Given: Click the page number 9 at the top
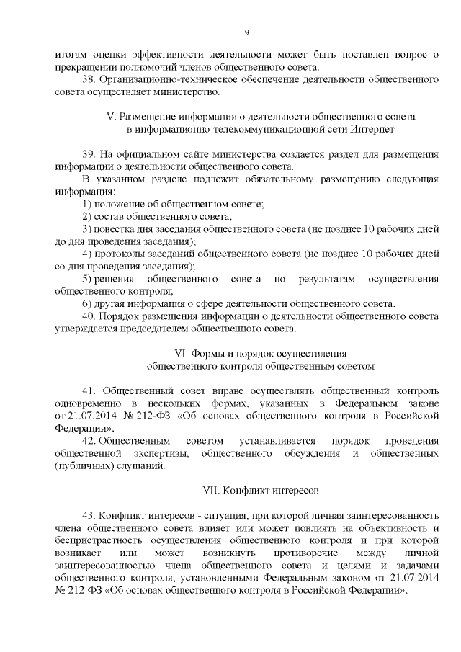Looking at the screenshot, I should click(246, 32).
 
